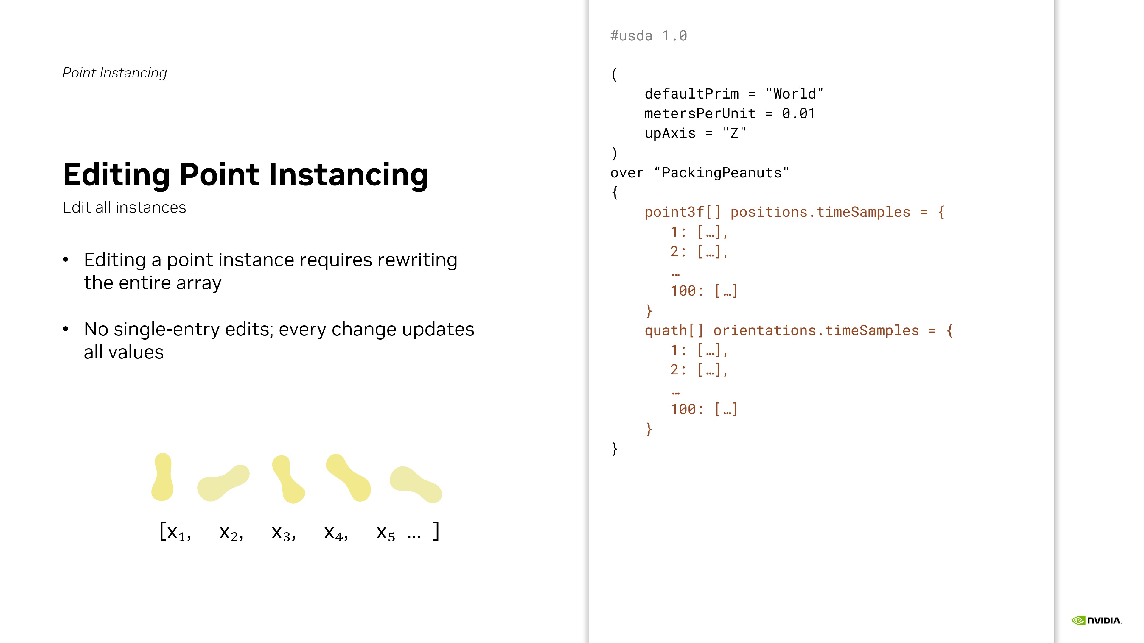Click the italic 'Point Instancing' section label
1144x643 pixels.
pos(115,73)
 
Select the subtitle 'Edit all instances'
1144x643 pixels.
pos(124,207)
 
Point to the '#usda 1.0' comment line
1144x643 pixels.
pos(649,36)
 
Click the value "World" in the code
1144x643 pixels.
pos(795,94)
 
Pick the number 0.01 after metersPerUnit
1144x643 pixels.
pos(798,114)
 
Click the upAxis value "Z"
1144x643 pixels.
pos(735,133)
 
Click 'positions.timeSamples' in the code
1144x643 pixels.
pos(820,212)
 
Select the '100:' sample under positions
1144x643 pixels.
pos(687,291)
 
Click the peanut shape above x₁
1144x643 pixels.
pos(163,477)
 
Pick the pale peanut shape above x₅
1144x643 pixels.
pos(416,485)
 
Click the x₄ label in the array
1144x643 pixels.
pos(336,533)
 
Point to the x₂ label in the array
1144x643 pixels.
pos(231,533)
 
